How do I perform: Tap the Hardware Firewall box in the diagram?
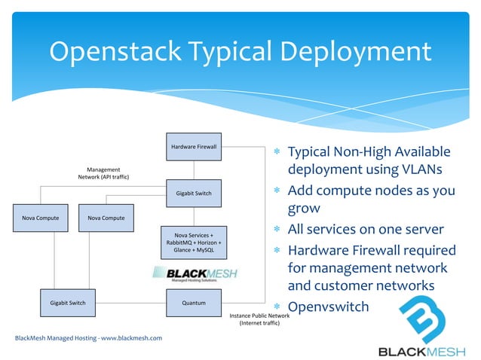(x=194, y=146)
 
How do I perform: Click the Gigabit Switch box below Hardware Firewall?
(x=194, y=194)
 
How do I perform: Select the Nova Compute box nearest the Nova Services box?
(x=106, y=218)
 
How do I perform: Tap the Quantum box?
(x=194, y=303)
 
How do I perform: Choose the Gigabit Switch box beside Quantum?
(x=68, y=303)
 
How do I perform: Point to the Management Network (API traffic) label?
(x=103, y=173)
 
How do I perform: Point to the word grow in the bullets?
(x=305, y=209)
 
